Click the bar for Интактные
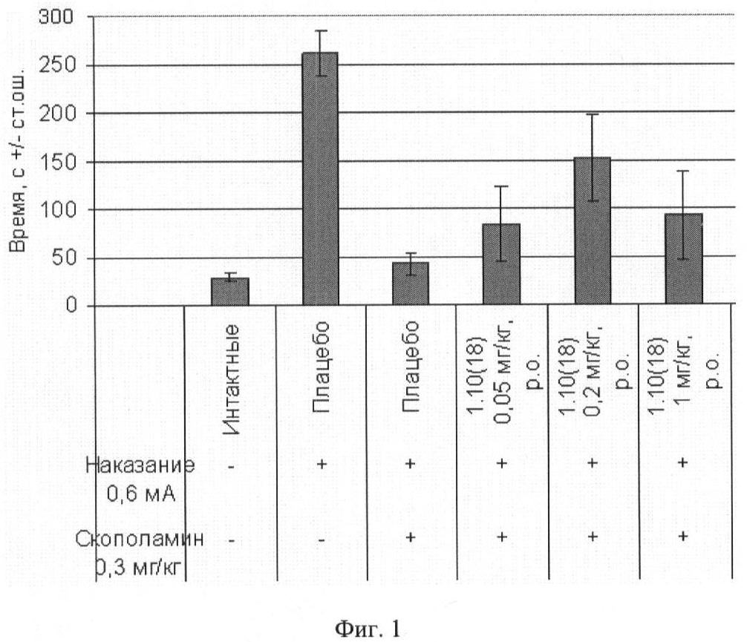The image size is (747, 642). tap(230, 291)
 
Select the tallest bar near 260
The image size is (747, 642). tap(321, 178)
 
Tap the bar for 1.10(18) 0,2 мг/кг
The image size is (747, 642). tap(593, 230)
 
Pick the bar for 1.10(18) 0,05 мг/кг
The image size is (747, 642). tap(502, 263)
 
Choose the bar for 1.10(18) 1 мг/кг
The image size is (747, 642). tap(683, 259)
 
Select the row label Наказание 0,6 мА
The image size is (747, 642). tap(140, 479)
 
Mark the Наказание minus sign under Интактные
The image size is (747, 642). tap(232, 465)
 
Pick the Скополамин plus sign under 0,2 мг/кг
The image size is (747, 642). tap(593, 537)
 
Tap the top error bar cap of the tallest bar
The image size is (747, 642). tap(321, 30)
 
